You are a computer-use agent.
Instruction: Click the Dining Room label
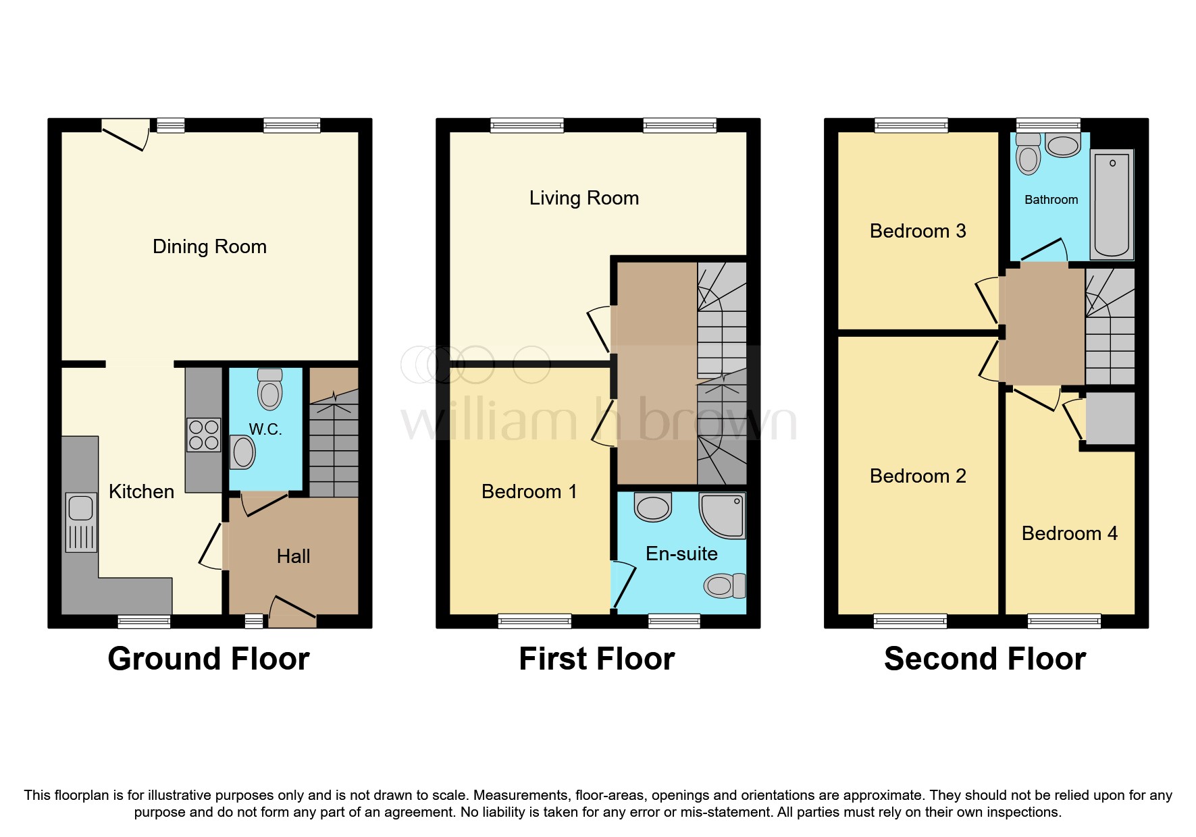[209, 246]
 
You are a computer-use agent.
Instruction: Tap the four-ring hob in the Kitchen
[203, 435]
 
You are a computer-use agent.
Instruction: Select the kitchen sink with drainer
[80, 522]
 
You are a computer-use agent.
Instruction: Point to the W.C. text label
[265, 429]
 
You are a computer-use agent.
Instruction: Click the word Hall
[293, 556]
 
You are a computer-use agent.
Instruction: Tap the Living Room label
[583, 198]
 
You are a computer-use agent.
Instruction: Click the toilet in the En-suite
[724, 586]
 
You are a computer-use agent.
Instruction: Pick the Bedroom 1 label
[529, 491]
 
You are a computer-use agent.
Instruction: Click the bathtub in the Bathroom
[1111, 205]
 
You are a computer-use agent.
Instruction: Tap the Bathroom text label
[1051, 200]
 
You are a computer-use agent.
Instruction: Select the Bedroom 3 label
[917, 231]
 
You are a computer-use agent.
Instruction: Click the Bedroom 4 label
[1069, 533]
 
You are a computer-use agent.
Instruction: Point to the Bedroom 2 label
[917, 476]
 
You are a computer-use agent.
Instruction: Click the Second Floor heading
[984, 659]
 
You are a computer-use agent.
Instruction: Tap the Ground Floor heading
[208, 659]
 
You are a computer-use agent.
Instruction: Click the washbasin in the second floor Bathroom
[1062, 145]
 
